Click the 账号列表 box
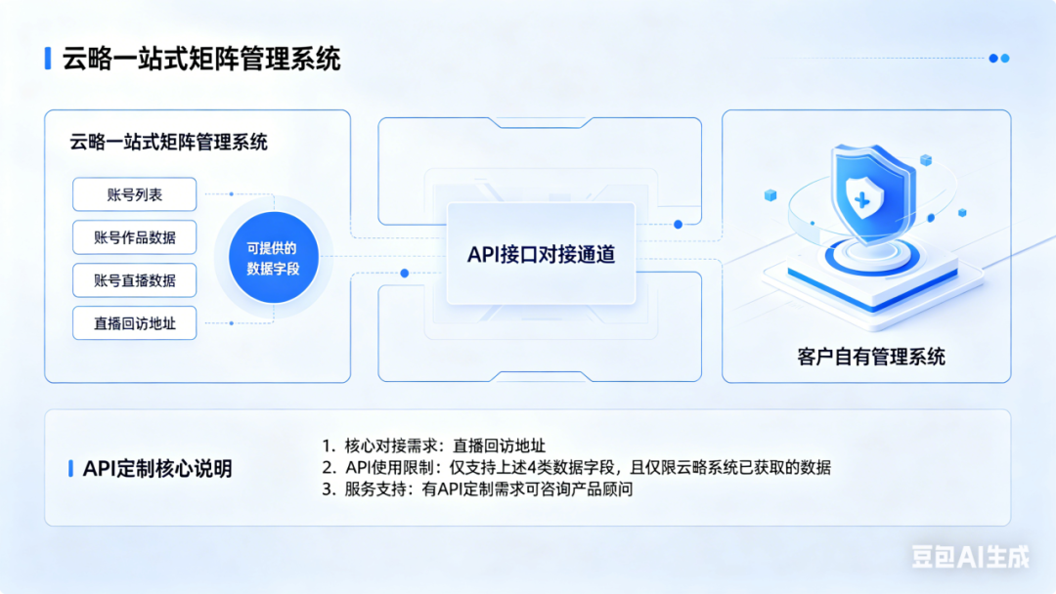(135, 194)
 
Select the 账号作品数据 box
(135, 237)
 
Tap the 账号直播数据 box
(135, 280)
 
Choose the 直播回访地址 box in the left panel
(135, 323)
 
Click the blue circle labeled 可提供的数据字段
(274, 258)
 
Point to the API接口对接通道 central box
(541, 254)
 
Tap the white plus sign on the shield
(861, 200)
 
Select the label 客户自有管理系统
(871, 357)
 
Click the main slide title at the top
(201, 59)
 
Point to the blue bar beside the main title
(48, 59)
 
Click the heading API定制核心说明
(157, 468)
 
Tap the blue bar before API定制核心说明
(70, 469)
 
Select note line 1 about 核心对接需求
(434, 445)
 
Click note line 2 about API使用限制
(577, 467)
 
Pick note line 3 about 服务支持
(477, 489)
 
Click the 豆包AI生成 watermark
(971, 556)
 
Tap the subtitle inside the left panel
(168, 142)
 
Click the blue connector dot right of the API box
(679, 224)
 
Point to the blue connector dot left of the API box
(405, 274)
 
